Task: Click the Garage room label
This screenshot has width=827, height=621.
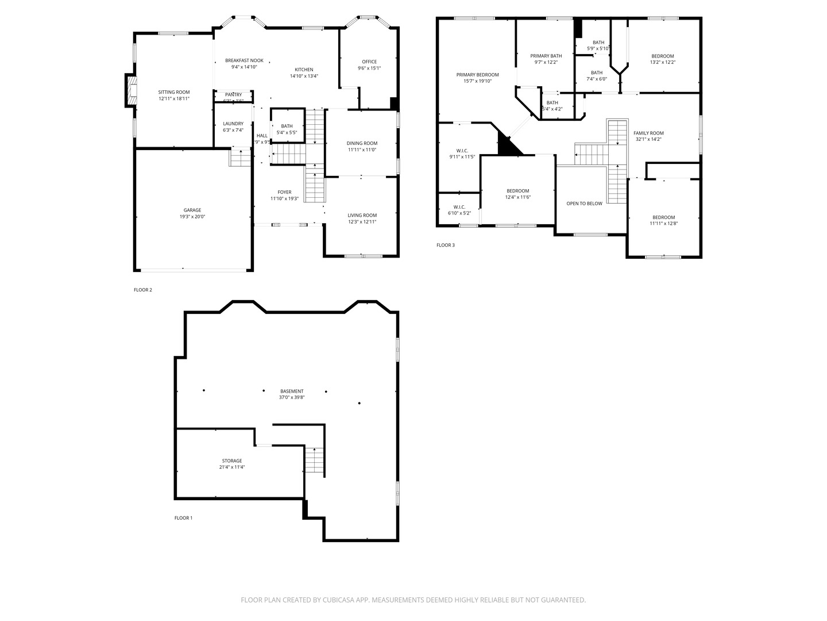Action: [x=192, y=210]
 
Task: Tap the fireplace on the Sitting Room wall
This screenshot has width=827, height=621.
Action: [x=132, y=91]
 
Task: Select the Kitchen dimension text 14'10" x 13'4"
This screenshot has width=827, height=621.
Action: [x=304, y=76]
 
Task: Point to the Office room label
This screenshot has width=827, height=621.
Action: [x=369, y=62]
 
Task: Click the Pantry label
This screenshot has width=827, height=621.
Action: [x=233, y=94]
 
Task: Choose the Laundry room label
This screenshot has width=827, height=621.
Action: [x=233, y=124]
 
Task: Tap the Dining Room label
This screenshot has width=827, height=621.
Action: [x=362, y=143]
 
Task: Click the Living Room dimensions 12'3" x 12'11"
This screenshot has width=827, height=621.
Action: [x=362, y=222]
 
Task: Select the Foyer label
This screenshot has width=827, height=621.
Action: [x=284, y=192]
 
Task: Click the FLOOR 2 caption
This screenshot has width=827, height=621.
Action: [x=143, y=290]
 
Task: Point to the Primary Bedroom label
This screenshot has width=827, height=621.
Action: [x=477, y=75]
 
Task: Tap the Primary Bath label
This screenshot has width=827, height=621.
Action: [x=546, y=56]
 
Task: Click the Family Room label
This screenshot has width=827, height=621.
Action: [x=648, y=133]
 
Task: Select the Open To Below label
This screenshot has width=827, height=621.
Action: [x=584, y=204]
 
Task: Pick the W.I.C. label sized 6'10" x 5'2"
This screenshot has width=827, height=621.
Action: [x=459, y=207]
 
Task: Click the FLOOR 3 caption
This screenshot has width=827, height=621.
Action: [x=445, y=245]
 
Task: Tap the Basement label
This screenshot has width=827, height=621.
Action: [x=292, y=391]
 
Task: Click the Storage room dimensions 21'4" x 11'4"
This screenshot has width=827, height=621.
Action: [x=232, y=467]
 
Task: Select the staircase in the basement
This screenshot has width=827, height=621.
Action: [x=315, y=460]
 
